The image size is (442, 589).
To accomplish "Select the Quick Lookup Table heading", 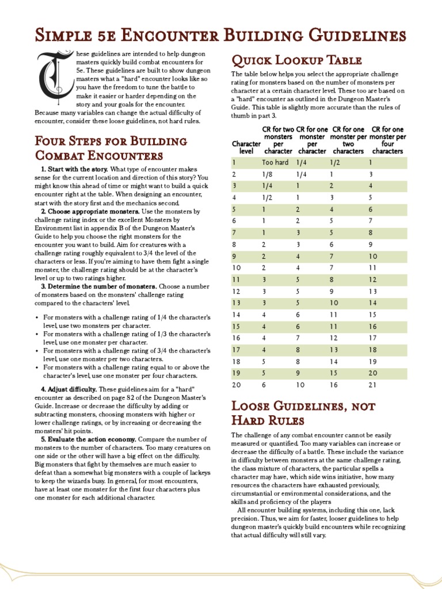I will tap(296, 60).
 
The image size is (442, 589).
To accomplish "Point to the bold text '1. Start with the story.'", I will tap(74, 170).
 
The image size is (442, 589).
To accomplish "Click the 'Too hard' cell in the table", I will tap(275, 163).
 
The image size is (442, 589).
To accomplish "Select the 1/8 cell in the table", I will tap(267, 174).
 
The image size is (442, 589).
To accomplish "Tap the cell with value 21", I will tap(372, 385).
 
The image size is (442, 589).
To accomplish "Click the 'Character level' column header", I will tap(246, 147).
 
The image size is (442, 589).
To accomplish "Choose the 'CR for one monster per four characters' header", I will tap(387, 140).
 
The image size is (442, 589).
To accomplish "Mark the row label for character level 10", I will tap(237, 267).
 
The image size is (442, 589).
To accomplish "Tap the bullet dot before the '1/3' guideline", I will tap(37, 334).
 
